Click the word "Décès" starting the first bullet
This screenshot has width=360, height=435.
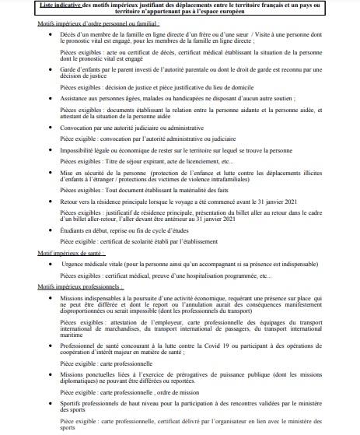(68, 37)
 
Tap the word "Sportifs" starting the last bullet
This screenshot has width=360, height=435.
(73, 405)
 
